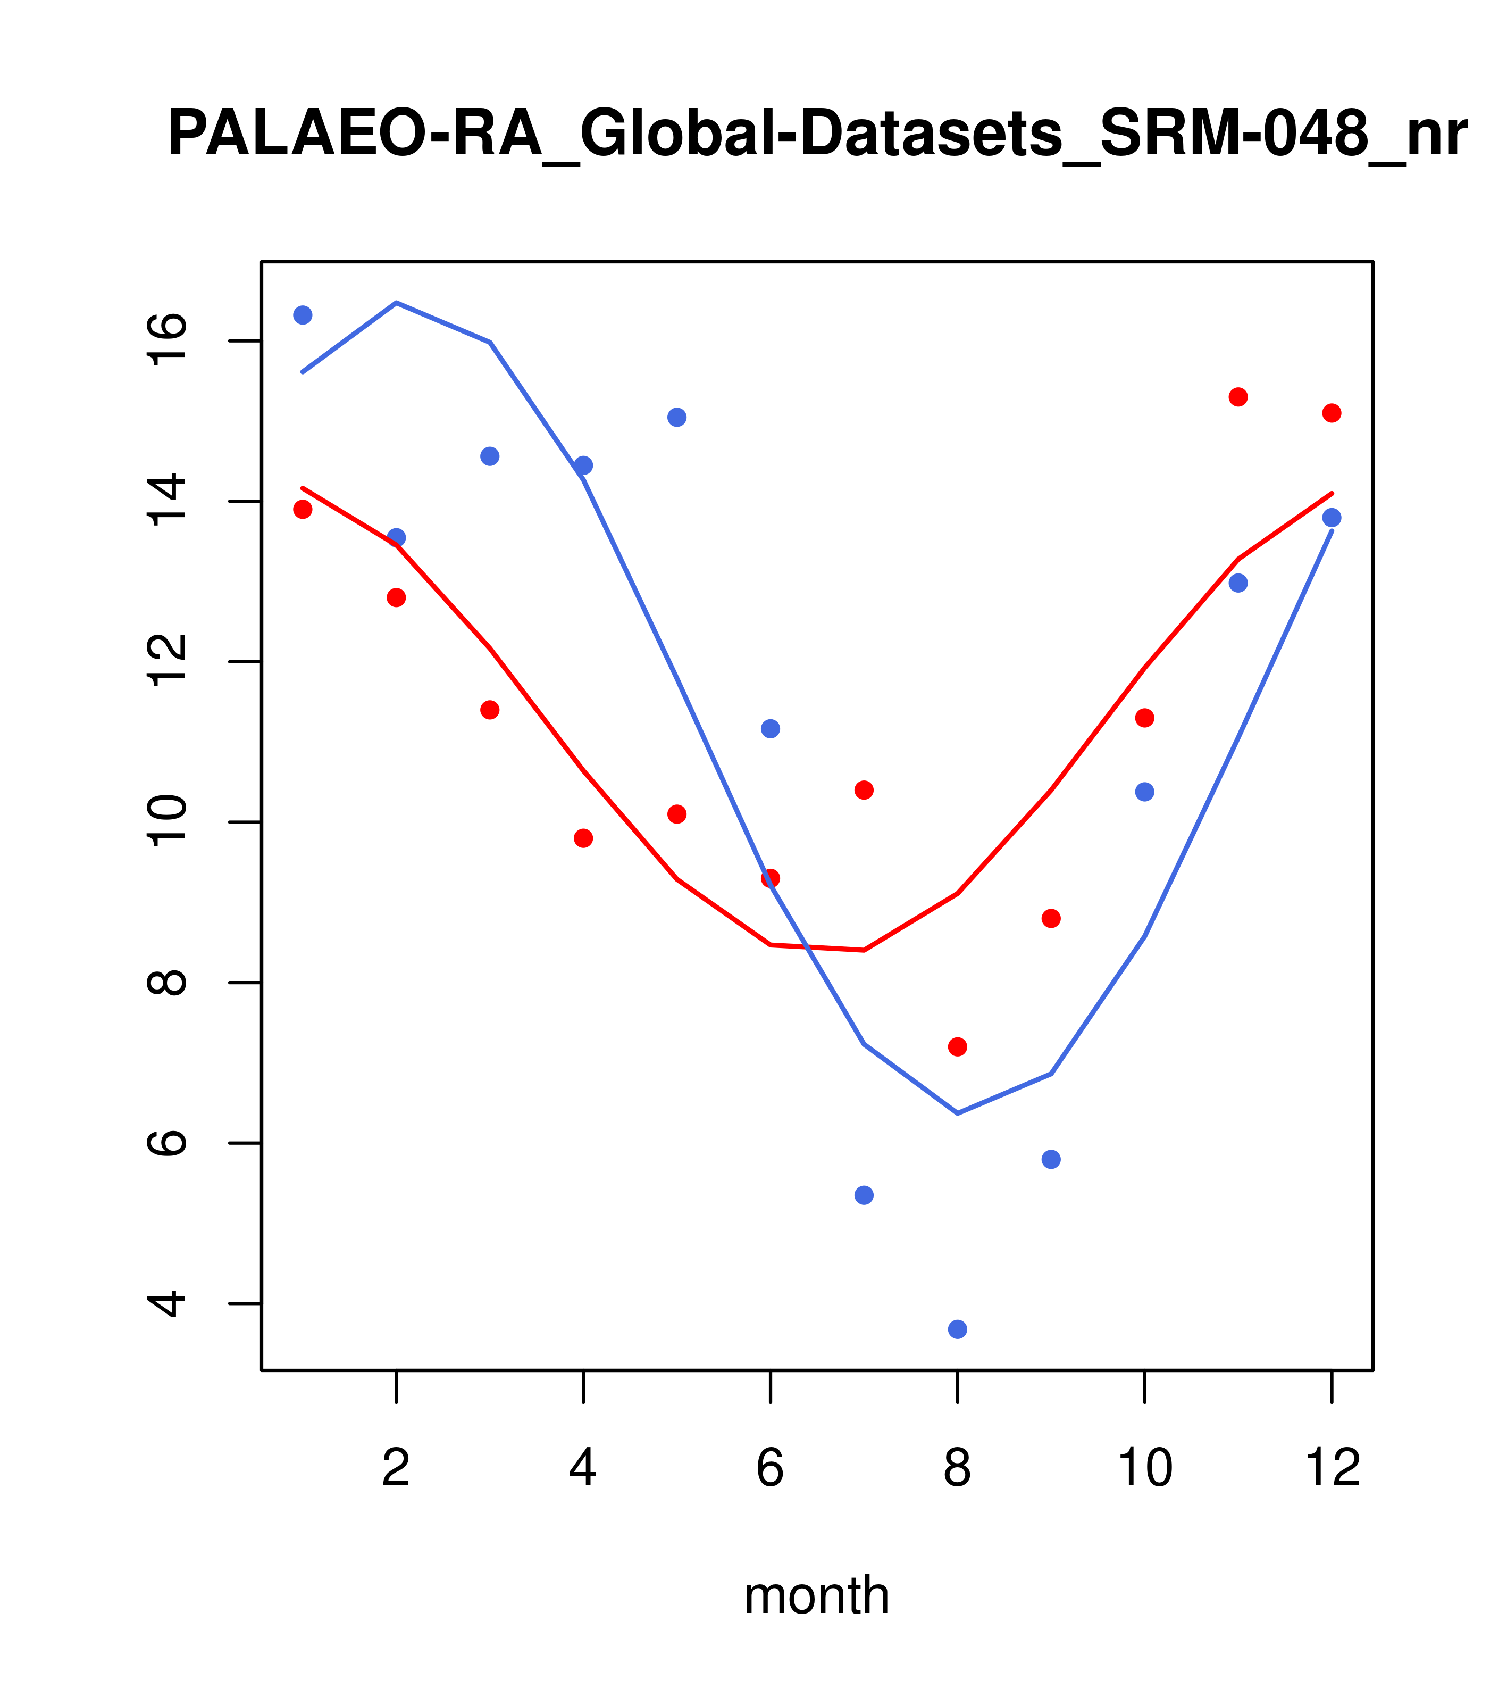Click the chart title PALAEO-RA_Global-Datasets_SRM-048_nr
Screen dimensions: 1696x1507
(x=817, y=135)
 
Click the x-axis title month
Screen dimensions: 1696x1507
(x=816, y=1595)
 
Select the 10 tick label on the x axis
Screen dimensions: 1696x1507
(x=1144, y=1467)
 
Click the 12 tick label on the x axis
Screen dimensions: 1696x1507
(x=1332, y=1467)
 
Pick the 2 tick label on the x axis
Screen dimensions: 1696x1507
(x=397, y=1467)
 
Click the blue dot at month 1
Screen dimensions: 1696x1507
(x=303, y=315)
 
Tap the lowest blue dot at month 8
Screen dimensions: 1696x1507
(x=957, y=1329)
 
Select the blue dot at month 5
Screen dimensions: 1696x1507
(x=677, y=418)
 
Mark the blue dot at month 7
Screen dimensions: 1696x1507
(x=864, y=1195)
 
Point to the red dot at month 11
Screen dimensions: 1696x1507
(x=1238, y=397)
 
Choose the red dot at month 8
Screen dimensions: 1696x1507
(x=957, y=1047)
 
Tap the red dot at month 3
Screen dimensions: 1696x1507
(x=490, y=710)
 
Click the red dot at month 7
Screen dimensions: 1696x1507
(x=864, y=790)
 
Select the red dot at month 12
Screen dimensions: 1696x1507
(x=1332, y=413)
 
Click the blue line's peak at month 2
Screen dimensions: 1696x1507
(x=397, y=303)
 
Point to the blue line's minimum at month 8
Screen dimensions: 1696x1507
(x=957, y=1113)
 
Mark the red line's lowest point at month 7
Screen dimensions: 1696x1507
(x=864, y=950)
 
